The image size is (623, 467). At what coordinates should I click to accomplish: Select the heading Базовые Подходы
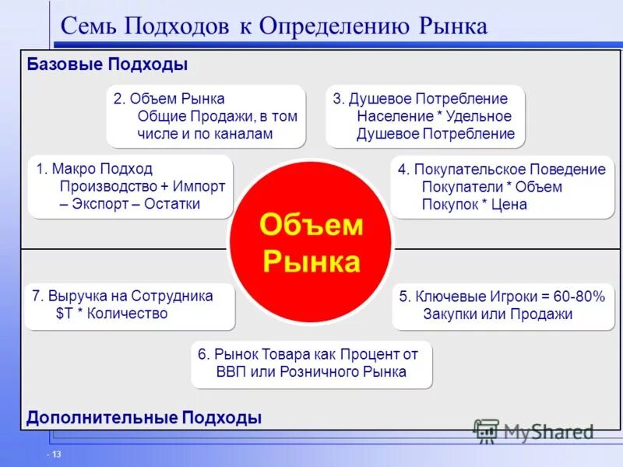(107, 65)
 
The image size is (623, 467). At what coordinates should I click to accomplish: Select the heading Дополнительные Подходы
(144, 418)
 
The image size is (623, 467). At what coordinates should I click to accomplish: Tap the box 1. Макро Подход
(130, 187)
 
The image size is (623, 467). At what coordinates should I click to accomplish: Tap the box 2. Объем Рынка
(206, 117)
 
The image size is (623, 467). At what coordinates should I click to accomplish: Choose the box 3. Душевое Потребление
(425, 117)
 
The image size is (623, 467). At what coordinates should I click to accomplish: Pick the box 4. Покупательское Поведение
(502, 187)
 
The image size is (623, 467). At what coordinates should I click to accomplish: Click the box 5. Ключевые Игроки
(502, 306)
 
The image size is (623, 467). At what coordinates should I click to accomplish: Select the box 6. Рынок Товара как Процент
(311, 363)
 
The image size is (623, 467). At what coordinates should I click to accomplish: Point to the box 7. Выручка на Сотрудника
(130, 305)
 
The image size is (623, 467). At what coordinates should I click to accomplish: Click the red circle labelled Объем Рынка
(311, 244)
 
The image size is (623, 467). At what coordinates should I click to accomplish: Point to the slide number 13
(56, 455)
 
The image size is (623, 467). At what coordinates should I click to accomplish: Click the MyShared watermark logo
(533, 431)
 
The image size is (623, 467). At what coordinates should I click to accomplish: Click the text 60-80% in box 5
(579, 297)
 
